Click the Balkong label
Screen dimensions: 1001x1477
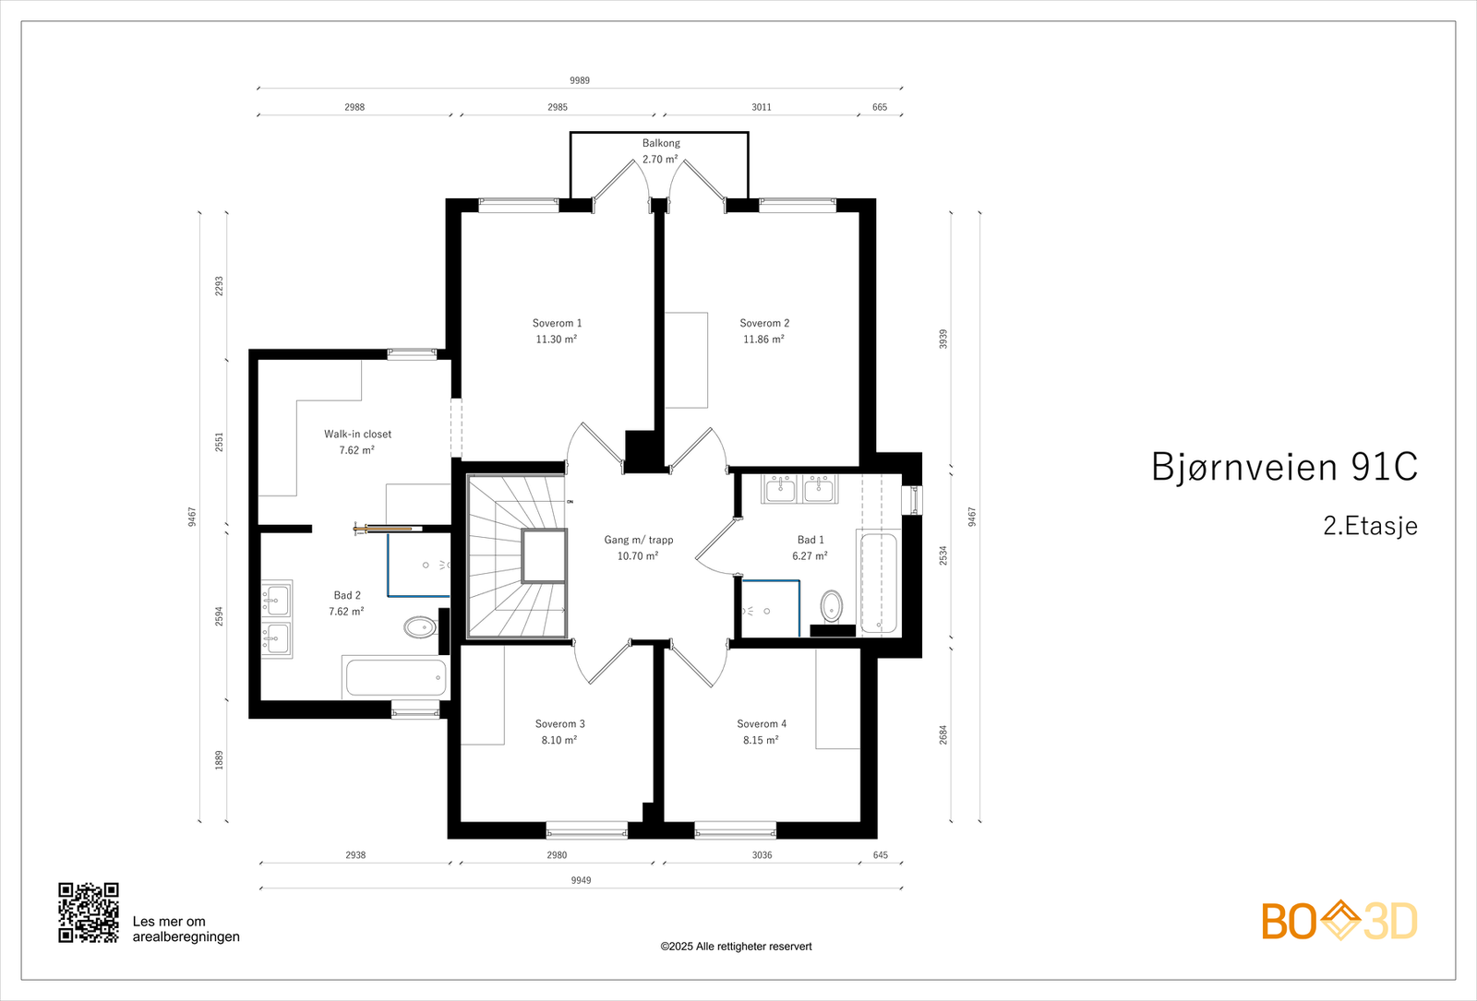[x=661, y=143]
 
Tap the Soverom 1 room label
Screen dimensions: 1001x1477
[x=557, y=323]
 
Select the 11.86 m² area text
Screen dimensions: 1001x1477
[x=763, y=340]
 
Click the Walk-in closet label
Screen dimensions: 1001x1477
[x=357, y=434]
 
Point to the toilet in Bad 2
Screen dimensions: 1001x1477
[x=420, y=627]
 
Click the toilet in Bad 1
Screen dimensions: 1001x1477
[x=832, y=606]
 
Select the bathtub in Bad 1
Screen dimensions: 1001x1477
[x=878, y=583]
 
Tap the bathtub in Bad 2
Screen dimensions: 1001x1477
[x=395, y=678]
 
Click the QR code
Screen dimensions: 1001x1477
[x=89, y=912]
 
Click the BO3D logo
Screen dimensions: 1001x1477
[x=1339, y=921]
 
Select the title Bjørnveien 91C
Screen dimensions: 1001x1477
[x=1284, y=467]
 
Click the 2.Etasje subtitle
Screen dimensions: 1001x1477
[x=1370, y=526]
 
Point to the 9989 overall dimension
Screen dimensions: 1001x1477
[x=580, y=80]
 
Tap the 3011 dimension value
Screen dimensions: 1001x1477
[x=762, y=107]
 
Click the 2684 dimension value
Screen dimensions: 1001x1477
[x=943, y=734]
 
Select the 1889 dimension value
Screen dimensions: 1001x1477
[x=220, y=760]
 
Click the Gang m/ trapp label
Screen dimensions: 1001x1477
[x=639, y=540]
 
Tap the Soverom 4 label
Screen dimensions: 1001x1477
[x=762, y=724]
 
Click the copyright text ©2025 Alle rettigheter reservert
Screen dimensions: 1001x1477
[x=736, y=947]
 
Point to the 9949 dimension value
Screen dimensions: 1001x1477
[x=581, y=880]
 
